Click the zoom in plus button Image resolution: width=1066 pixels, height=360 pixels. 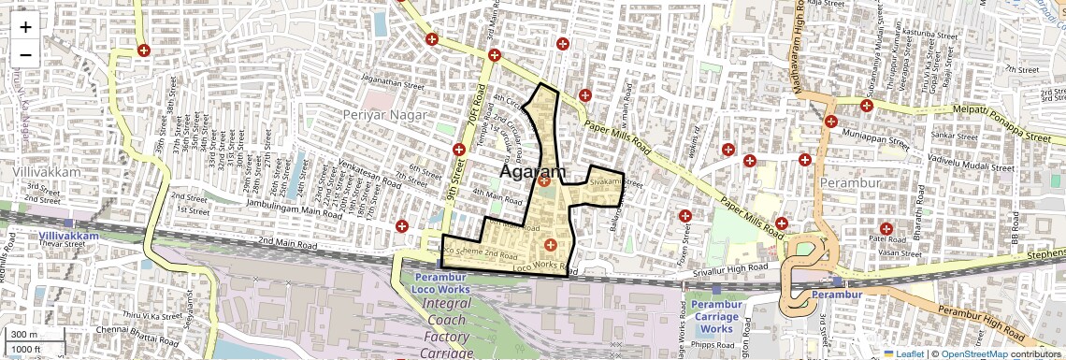pyautogui.click(x=25, y=27)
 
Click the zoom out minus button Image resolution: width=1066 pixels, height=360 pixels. pyautogui.click(x=25, y=54)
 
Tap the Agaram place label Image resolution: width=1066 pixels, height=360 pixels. pyautogui.click(x=534, y=172)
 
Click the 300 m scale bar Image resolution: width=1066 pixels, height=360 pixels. pyautogui.click(x=24, y=335)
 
